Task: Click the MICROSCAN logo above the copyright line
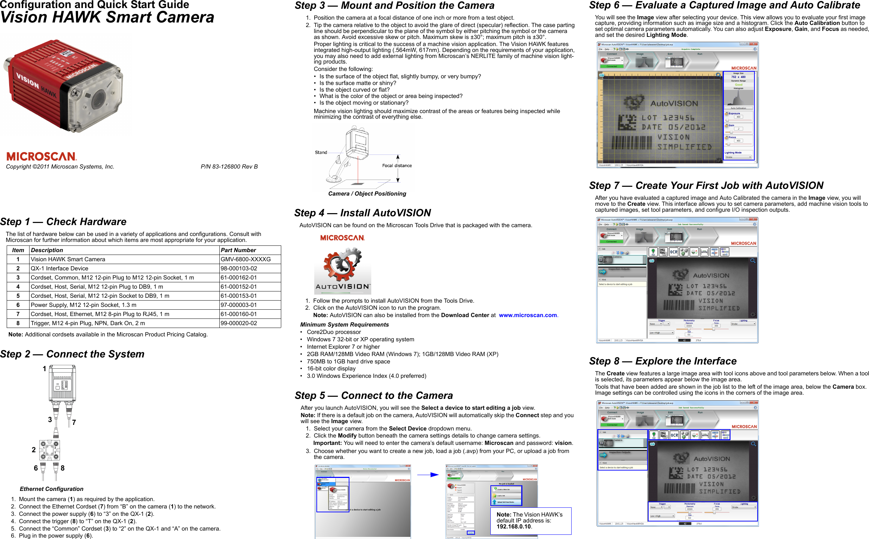pyautogui.click(x=41, y=157)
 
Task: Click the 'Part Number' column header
pyautogui.click(x=238, y=250)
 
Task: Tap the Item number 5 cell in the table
pyautogui.click(x=18, y=296)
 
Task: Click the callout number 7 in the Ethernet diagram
pyautogui.click(x=74, y=422)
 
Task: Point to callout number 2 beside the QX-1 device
pyautogui.click(x=33, y=450)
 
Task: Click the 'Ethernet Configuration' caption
pyautogui.click(x=51, y=489)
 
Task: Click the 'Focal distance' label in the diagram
pyautogui.click(x=397, y=166)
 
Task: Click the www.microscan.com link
pyautogui.click(x=527, y=315)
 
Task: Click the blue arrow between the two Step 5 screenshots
pyautogui.click(x=428, y=475)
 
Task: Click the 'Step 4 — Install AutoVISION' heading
pyautogui.click(x=362, y=213)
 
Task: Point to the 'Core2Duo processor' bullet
pyautogui.click(x=334, y=332)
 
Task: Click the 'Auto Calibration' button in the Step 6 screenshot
pyautogui.click(x=738, y=108)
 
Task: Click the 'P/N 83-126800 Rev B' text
pyautogui.click(x=229, y=167)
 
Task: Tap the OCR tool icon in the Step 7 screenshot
pyautogui.click(x=673, y=252)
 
